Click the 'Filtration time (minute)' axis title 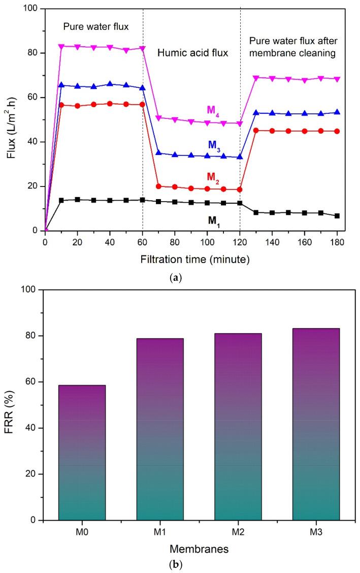tap(195, 259)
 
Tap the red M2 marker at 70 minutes tap(159, 186)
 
